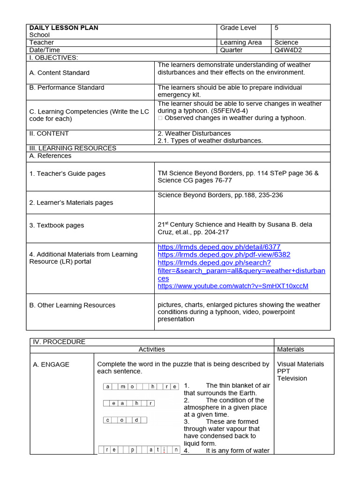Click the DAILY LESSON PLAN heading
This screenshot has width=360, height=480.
[x=64, y=28]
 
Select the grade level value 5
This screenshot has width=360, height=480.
[x=277, y=28]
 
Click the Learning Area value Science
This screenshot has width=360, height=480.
[x=286, y=42]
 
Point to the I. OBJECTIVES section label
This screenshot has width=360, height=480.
[x=53, y=57]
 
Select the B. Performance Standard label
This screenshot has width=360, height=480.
[x=67, y=88]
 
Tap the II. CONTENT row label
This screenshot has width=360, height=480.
[x=49, y=133]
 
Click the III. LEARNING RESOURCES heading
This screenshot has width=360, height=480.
[x=73, y=148]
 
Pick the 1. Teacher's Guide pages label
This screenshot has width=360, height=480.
[x=67, y=173]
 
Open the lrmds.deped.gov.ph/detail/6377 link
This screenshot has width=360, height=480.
[x=219, y=247]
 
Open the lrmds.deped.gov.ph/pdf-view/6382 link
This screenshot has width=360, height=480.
[x=224, y=255]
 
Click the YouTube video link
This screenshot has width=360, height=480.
[x=233, y=285]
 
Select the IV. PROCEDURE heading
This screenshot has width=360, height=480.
[x=59, y=342]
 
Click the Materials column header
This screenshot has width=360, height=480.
[x=291, y=349]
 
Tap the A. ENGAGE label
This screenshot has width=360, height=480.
[x=51, y=364]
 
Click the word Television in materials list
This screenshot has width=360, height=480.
[x=292, y=378]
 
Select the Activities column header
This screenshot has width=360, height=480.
[x=151, y=349]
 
